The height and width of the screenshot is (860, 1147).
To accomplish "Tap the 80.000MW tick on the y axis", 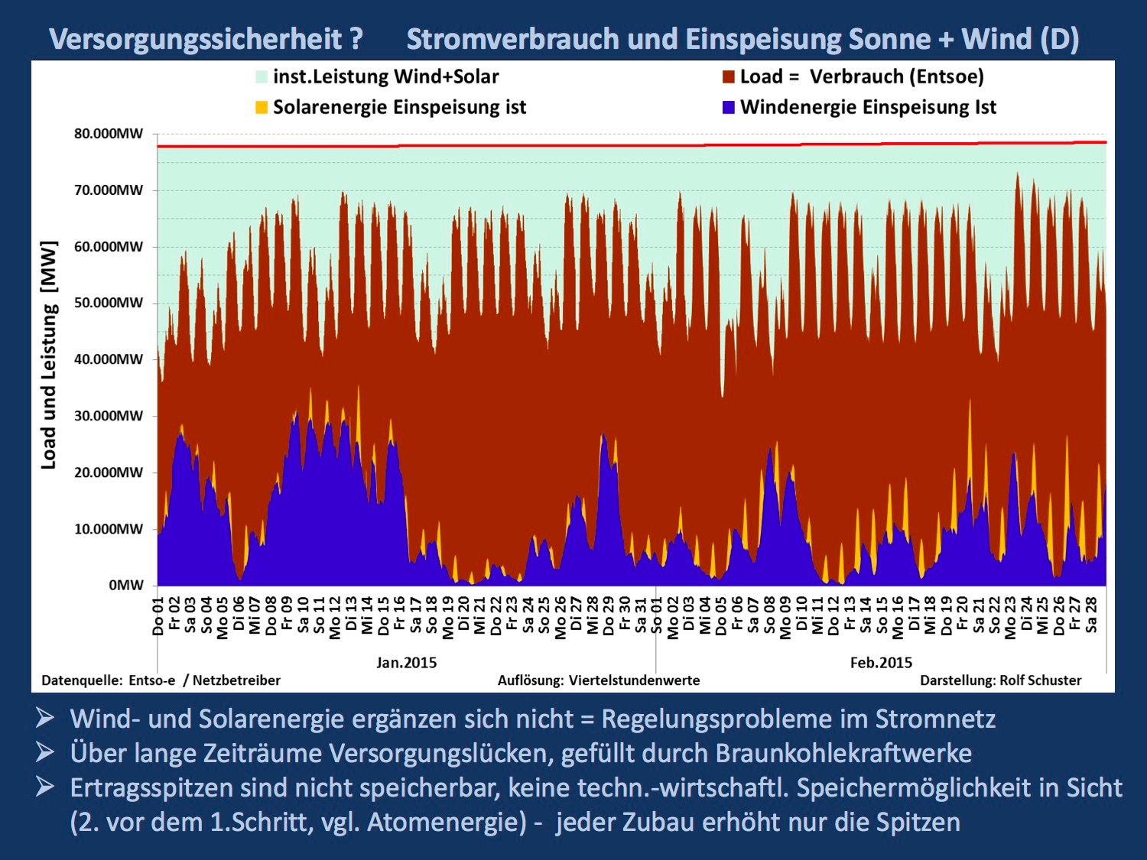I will (x=109, y=134).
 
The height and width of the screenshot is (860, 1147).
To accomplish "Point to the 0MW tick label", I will (x=126, y=586).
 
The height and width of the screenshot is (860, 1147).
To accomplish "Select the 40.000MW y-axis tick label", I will (x=109, y=359).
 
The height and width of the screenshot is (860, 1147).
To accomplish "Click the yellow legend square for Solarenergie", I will (x=262, y=107).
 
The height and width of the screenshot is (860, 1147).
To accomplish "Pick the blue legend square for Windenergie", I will (x=729, y=107).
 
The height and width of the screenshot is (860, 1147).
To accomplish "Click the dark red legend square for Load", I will (x=729, y=76).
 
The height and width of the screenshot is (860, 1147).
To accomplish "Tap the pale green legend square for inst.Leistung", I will (x=262, y=76).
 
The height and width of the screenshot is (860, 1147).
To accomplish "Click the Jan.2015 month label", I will (x=406, y=663).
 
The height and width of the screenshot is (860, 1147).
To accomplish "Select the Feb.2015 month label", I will (x=881, y=663).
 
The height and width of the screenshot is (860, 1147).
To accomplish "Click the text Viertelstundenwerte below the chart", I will (x=634, y=680).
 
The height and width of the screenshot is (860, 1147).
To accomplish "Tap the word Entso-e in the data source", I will (x=152, y=680).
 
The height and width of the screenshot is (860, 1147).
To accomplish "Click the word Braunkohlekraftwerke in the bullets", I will (x=843, y=754).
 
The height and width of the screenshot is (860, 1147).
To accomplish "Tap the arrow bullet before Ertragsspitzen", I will (x=45, y=787).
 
